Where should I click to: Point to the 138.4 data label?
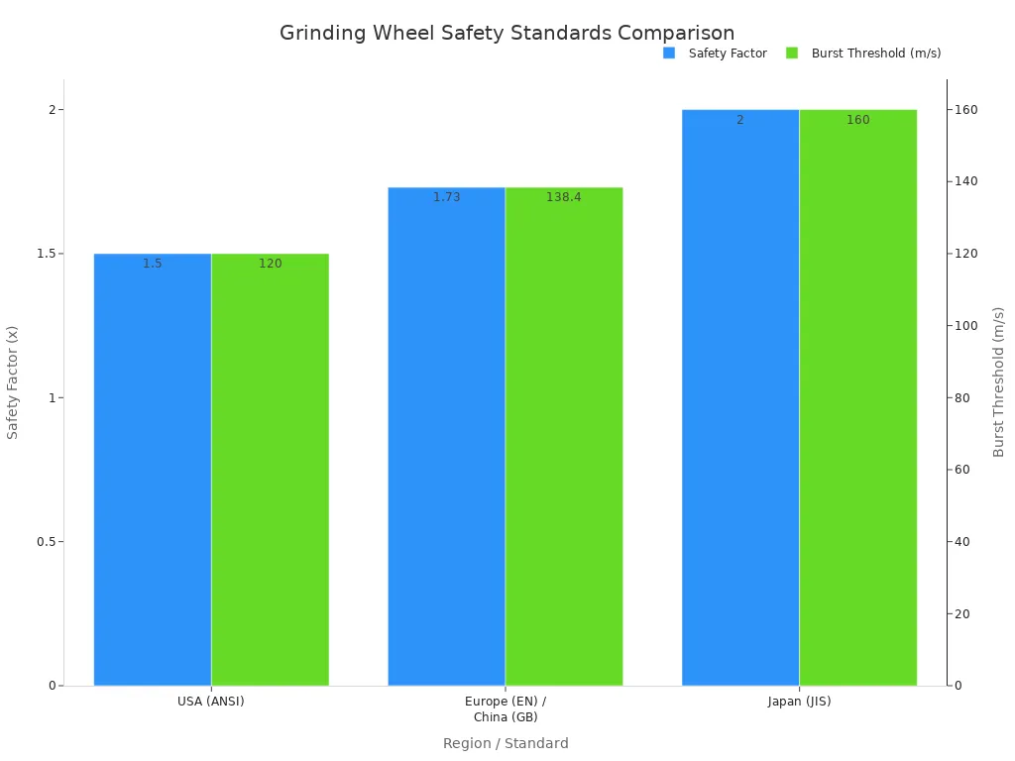click(x=564, y=197)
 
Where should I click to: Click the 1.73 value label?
click(x=446, y=197)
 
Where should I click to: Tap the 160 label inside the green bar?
click(x=857, y=120)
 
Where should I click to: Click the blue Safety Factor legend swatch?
click(x=669, y=54)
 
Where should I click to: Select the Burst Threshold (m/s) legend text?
click(x=875, y=54)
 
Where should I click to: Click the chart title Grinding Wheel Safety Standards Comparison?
click(x=507, y=33)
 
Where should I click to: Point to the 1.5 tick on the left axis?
click(x=46, y=254)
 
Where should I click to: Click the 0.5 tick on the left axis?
click(x=46, y=542)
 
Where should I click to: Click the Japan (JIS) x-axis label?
click(x=799, y=702)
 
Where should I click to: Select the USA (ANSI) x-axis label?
click(x=210, y=702)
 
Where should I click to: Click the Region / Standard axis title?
click(x=506, y=743)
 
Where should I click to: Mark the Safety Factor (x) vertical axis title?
click(x=13, y=382)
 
